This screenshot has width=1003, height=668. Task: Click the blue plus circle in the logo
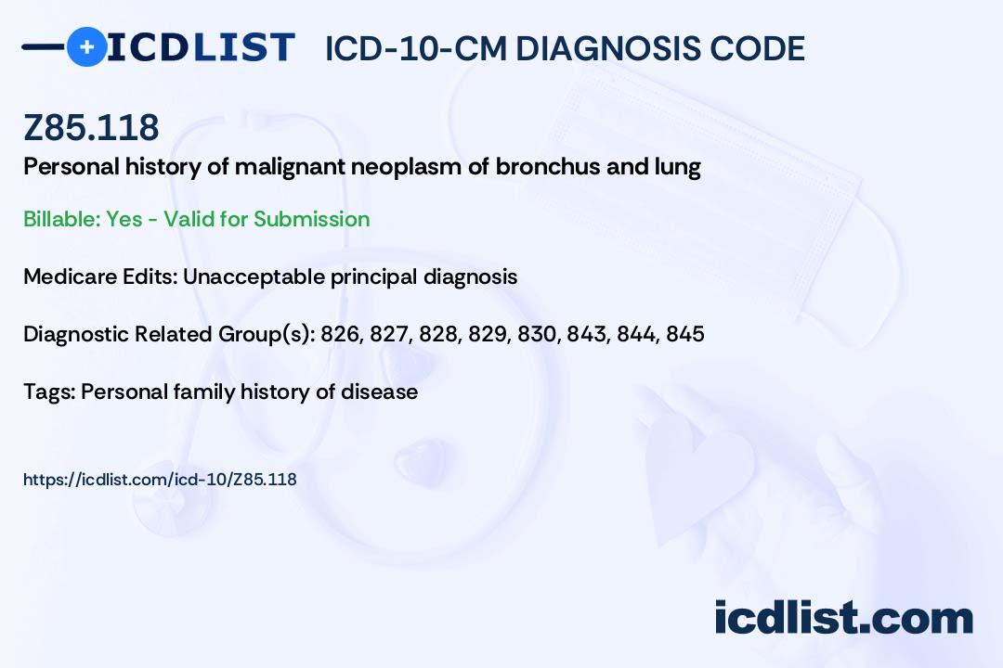tap(87, 46)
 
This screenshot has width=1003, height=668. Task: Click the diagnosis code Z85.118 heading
tap(91, 127)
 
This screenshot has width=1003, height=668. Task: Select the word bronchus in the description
tap(548, 167)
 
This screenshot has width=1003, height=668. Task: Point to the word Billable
tap(60, 219)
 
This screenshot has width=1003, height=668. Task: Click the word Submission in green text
tap(311, 219)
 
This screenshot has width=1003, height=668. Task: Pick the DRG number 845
tap(685, 334)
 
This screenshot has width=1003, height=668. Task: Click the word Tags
tap(50, 392)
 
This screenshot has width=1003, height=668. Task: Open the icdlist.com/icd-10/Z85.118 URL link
tap(160, 480)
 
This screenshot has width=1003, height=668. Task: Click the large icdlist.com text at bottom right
tap(843, 617)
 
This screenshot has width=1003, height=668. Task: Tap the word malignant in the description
tap(289, 168)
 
